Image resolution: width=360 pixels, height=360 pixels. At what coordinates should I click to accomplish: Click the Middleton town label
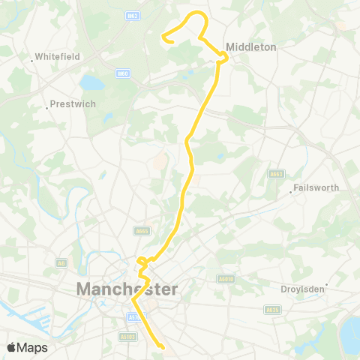pyautogui.click(x=252, y=46)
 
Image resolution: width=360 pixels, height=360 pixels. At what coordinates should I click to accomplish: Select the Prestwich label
pyautogui.click(x=73, y=104)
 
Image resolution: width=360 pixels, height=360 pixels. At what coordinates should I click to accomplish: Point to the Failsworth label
pyautogui.click(x=317, y=187)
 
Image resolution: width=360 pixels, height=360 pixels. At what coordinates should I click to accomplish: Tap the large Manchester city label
pyautogui.click(x=127, y=289)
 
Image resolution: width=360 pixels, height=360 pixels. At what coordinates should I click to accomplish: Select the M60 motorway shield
pyautogui.click(x=122, y=73)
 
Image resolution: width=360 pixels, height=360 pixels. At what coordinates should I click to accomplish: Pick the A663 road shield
pyautogui.click(x=275, y=174)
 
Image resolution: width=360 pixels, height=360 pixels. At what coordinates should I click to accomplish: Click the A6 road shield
pyautogui.click(x=61, y=263)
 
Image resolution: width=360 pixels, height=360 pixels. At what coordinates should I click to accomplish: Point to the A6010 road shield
pyautogui.click(x=225, y=278)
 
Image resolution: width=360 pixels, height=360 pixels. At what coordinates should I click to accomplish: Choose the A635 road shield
pyautogui.click(x=271, y=309)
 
